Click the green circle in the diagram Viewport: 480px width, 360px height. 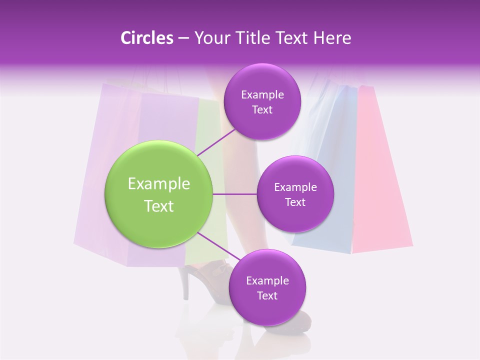coord(158,194)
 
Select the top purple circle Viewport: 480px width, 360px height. coord(262,102)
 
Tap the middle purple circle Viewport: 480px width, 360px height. coord(295,194)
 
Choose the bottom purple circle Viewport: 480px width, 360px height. coord(267,288)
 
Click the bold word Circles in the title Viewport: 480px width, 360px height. coord(147,38)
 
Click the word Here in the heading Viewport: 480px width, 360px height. coord(333,38)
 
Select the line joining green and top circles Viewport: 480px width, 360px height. coord(216,142)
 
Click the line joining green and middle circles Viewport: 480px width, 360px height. coord(234,194)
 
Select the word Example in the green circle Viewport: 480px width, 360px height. coord(158,184)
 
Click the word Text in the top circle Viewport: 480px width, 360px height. coord(262,110)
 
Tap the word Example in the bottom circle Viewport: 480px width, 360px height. coord(267,280)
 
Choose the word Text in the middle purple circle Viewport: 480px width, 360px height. coord(295,202)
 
